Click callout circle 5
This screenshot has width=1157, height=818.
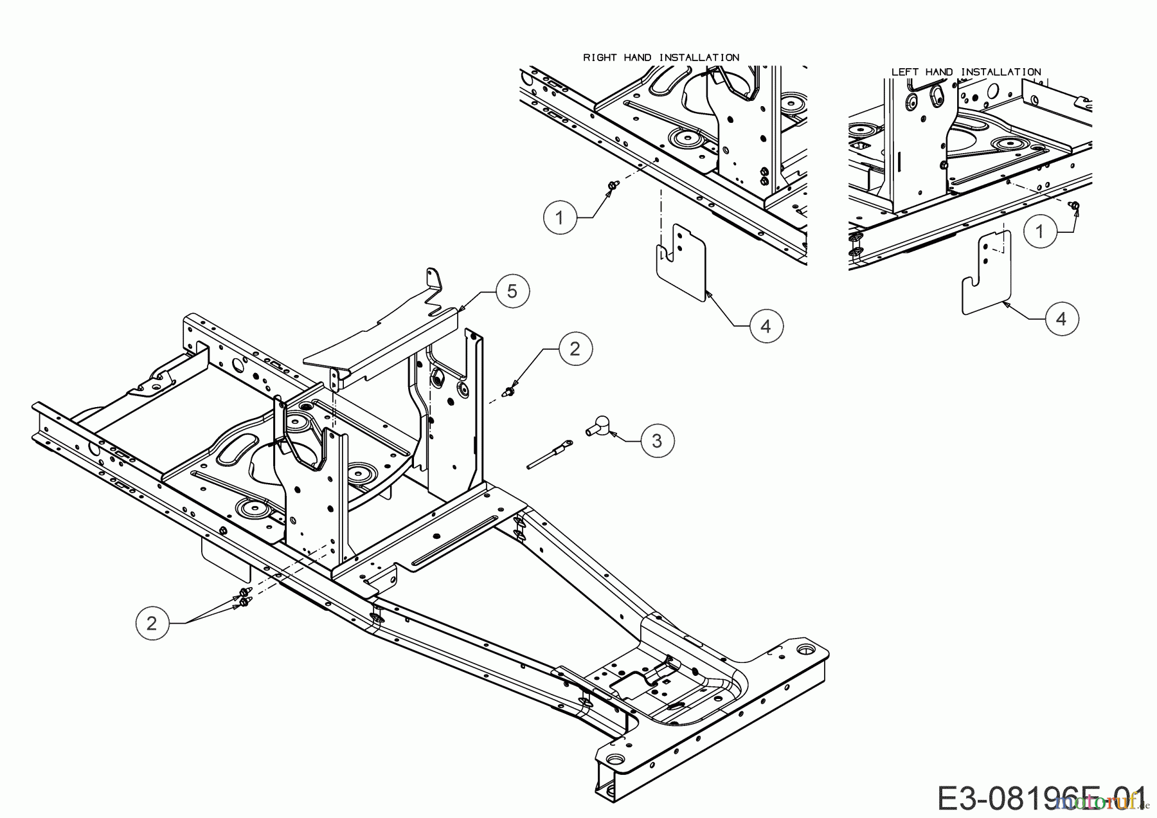pos(512,291)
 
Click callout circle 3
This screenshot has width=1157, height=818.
pos(656,441)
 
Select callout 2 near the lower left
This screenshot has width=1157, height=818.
pos(152,623)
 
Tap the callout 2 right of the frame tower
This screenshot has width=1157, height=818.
pos(575,349)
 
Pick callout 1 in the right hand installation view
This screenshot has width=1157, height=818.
pos(559,218)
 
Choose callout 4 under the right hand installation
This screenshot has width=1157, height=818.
pos(765,327)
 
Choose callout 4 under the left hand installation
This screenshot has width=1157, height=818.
pos(1061,318)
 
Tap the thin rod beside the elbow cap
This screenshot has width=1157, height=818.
pos(549,454)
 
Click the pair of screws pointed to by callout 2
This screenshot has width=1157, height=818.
pos(244,597)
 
